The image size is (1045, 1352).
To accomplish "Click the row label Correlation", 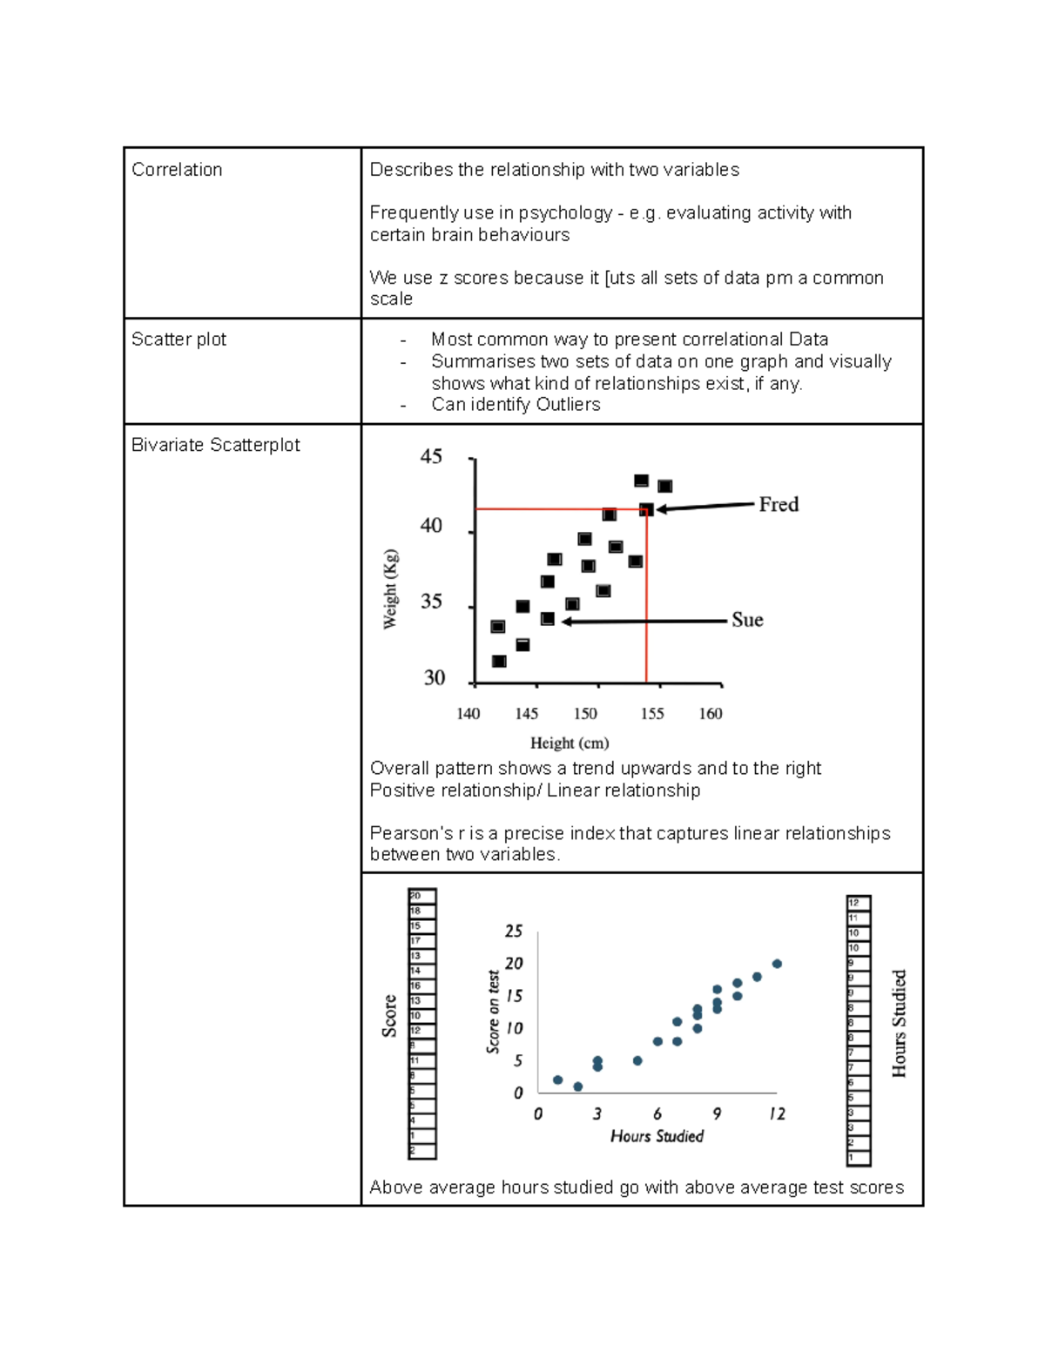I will pos(177,170).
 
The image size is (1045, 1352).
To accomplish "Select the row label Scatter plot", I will pos(179,340).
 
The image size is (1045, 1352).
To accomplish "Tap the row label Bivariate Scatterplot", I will pos(215,445).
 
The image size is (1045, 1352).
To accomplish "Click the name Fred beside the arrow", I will pos(778,505).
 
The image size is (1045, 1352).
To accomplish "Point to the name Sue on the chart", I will pos(747,620).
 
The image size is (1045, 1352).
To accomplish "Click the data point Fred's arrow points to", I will pos(646,509).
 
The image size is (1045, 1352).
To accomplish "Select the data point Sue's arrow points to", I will pos(548,619).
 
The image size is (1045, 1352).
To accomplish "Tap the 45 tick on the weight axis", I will pos(431,457).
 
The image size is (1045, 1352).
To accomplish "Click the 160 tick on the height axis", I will pos(711,714).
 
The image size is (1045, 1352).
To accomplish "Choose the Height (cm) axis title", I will pos(570,743).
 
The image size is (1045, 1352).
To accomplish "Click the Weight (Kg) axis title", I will pos(391,589).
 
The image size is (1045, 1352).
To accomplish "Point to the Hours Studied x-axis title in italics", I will pos(657,1136).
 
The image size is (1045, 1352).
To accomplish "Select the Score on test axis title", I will pos(494,1012).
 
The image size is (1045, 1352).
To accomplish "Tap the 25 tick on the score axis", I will pos(514,932).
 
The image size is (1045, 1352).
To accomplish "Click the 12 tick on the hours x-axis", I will pos(777,1114).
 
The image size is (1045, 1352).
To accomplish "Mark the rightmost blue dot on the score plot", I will pos(777,964).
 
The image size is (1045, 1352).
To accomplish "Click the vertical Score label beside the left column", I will pos(389,1016).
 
